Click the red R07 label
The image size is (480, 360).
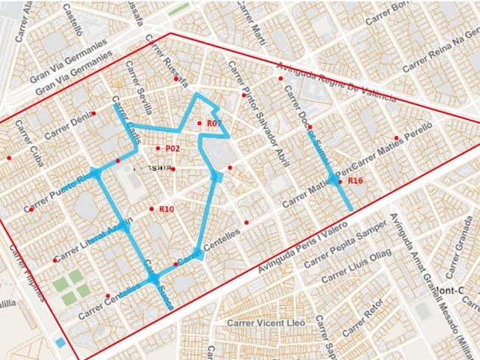[x=215, y=123]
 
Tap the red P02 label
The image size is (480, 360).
[x=173, y=149]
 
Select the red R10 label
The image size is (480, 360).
[x=166, y=209]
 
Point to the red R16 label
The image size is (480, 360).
[x=355, y=180]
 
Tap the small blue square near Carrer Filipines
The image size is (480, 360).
[x=59, y=342]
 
